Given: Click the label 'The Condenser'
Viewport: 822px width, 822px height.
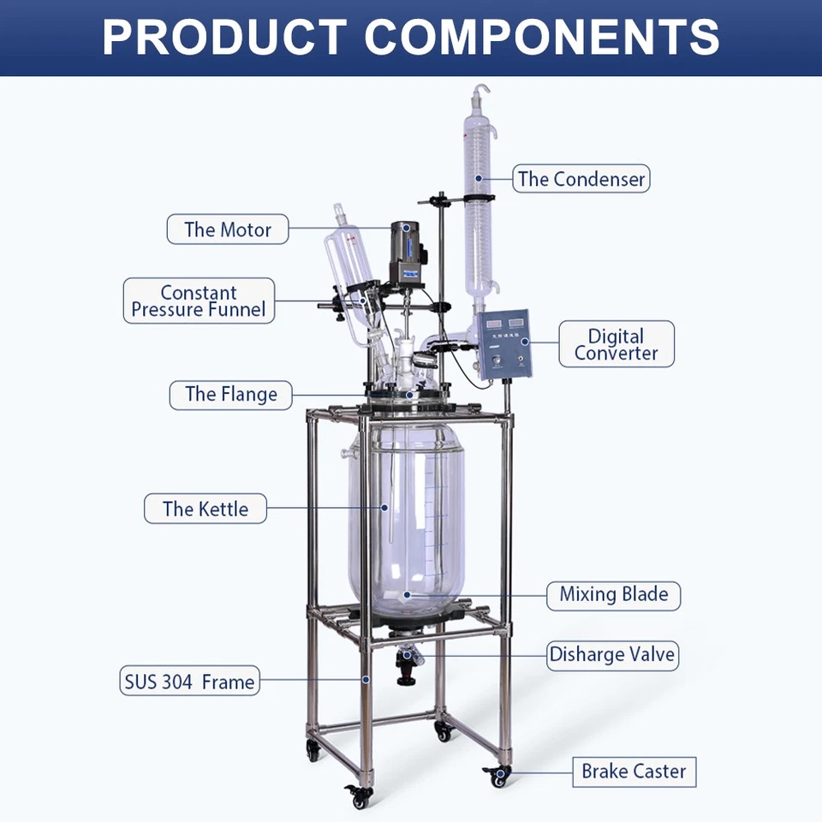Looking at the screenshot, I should (581, 179).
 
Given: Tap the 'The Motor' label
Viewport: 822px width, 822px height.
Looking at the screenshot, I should (227, 229).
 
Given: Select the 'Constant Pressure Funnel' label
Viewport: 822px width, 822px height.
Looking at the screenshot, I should (199, 301).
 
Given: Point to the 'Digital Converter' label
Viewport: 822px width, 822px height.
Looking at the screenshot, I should (616, 344).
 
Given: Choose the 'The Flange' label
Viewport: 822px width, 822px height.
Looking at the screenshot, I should (231, 395).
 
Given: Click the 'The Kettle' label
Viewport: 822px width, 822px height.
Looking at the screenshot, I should (205, 509).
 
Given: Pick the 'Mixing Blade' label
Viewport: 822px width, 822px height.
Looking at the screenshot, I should (613, 593).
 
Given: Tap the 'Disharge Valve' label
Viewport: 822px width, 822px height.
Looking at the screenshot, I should (612, 655).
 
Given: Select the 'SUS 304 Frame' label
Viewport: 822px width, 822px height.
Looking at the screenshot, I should (188, 682).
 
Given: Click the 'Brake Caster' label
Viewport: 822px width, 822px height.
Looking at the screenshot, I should (634, 771).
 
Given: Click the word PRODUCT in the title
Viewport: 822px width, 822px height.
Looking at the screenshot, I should (224, 36).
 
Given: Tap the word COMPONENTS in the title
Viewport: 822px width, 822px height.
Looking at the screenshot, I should (542, 36).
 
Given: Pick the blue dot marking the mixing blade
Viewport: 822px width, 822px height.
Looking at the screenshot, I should (408, 593).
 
